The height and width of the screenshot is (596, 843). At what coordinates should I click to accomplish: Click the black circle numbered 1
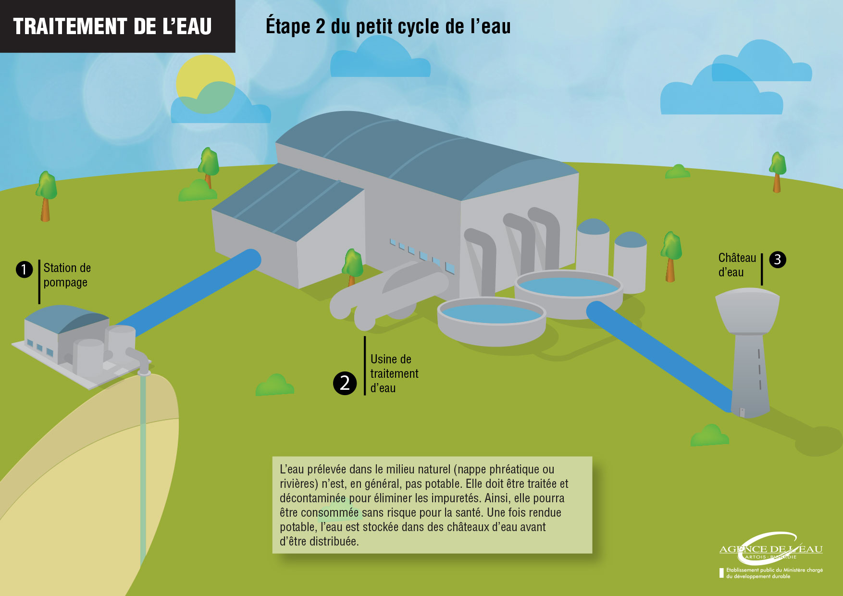(24, 269)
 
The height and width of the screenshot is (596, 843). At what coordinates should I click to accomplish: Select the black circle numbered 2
(345, 383)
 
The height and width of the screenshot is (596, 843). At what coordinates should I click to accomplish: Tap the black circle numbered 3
(778, 260)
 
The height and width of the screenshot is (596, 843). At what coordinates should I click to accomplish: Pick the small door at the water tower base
(742, 412)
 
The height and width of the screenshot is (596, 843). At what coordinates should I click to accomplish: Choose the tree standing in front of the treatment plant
(352, 267)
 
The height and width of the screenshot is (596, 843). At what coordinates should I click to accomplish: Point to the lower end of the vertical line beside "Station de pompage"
(39, 304)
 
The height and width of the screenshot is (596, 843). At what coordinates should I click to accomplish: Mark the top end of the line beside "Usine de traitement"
(365, 336)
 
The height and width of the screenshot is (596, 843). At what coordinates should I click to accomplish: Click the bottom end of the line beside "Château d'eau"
(762, 285)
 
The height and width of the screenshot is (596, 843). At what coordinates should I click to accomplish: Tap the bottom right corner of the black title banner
(235, 52)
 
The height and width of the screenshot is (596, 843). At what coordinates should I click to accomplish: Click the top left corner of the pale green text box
(273, 457)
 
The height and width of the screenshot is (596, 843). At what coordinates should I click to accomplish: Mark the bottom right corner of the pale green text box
(592, 553)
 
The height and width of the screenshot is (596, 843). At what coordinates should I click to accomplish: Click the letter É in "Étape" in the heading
(272, 25)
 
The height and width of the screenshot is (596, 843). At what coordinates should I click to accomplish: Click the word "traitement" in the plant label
(394, 373)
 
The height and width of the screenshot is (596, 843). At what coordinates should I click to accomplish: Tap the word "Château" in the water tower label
(737, 258)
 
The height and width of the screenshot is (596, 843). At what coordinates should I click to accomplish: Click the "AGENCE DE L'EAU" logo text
(771, 549)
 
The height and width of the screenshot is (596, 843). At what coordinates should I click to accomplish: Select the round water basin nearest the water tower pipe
(569, 294)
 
